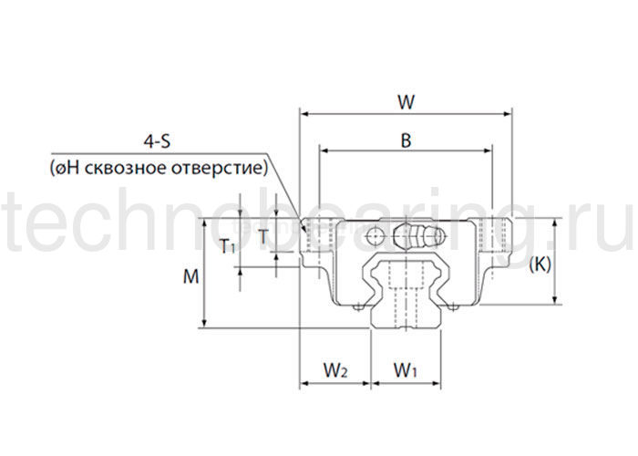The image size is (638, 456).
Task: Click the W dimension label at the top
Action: click(x=406, y=102)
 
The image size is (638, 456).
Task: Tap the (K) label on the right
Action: click(x=540, y=264)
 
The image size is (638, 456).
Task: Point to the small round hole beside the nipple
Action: click(x=375, y=237)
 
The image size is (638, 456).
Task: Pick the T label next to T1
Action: click(x=263, y=236)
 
